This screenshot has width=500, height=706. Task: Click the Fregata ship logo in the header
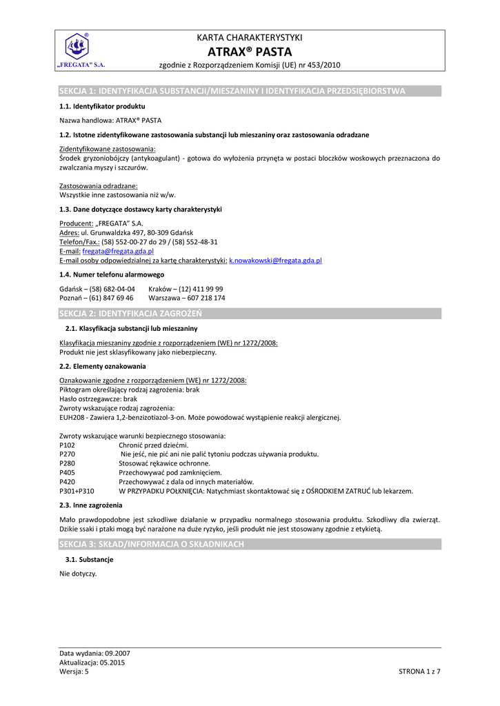click(77, 48)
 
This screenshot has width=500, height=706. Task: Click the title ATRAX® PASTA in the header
click(250, 52)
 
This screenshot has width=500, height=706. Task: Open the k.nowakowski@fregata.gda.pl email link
click(275, 261)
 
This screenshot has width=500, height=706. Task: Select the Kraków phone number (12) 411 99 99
click(201, 289)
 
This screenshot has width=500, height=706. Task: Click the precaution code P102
click(68, 445)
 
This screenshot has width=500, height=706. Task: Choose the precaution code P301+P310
click(77, 492)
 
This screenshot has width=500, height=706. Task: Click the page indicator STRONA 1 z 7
click(419, 672)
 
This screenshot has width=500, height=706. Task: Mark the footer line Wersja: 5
click(74, 672)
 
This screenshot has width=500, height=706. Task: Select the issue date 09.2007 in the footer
click(117, 653)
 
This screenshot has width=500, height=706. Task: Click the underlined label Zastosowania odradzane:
click(99, 186)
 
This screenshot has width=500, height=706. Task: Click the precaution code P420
click(68, 482)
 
